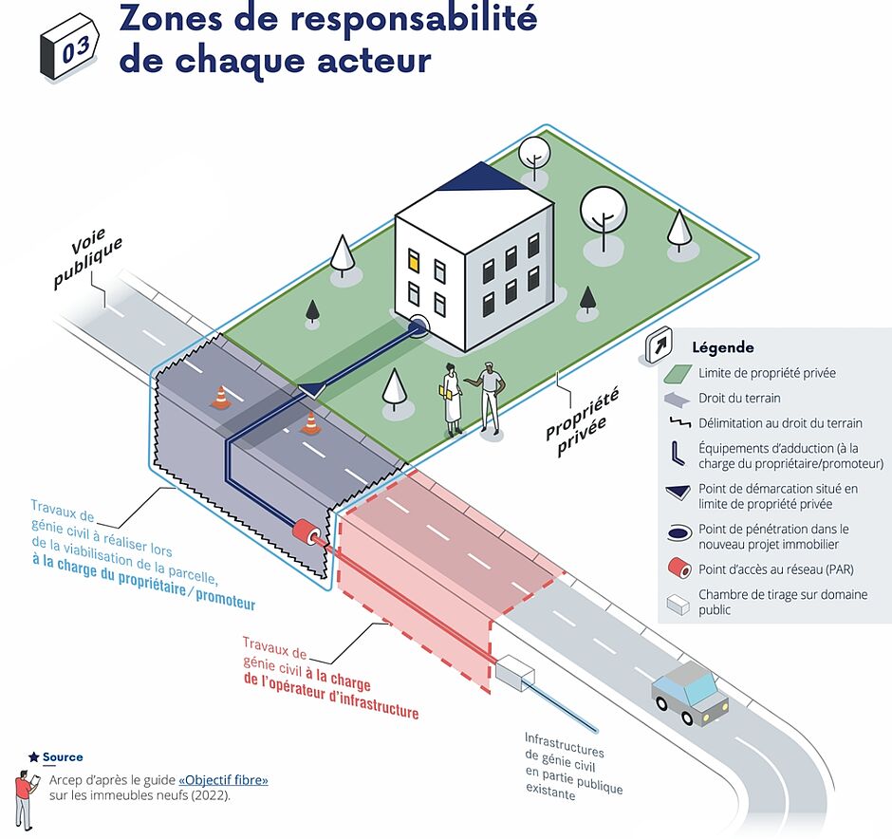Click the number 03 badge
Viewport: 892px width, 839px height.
coord(69,47)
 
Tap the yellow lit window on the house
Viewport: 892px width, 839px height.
coord(414,259)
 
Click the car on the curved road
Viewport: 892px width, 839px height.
coord(690,692)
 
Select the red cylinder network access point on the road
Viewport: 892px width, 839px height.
coord(307,531)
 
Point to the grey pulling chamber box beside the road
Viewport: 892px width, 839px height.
coord(515,673)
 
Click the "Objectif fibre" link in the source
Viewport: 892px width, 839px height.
coord(223,780)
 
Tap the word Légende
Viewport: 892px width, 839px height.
coord(722,347)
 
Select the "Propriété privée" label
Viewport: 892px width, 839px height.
coord(581,421)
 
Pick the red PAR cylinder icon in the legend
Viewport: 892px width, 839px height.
coord(678,569)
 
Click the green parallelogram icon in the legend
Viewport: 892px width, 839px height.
coord(678,374)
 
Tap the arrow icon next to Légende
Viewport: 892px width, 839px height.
coord(659,345)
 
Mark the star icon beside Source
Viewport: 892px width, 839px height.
coord(34,757)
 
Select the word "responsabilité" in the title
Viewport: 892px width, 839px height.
coord(414,20)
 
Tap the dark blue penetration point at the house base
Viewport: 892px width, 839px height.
coord(418,326)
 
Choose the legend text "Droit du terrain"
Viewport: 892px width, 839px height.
coord(739,399)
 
